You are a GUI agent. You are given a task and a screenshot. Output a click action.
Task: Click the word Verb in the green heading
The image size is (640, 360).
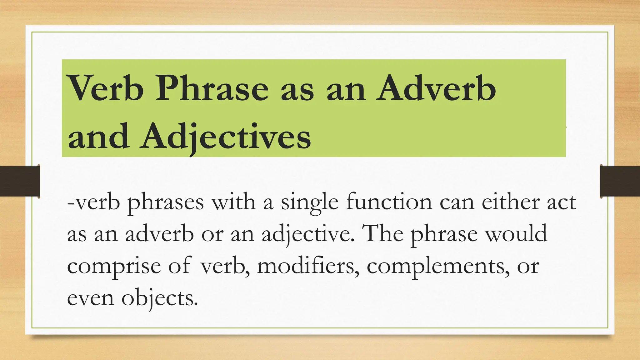(x=106, y=88)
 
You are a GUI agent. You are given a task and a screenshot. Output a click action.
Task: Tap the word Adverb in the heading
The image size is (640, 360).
(x=436, y=88)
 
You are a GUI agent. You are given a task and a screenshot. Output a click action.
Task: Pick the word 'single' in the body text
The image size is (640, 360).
(x=309, y=202)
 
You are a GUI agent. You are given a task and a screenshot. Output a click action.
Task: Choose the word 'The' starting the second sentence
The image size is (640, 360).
(x=383, y=233)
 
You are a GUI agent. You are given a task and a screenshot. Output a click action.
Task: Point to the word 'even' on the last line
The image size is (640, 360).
(x=91, y=298)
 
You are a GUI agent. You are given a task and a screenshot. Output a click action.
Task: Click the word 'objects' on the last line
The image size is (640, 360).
(x=160, y=298)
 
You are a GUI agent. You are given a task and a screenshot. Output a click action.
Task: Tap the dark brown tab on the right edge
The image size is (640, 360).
(x=620, y=182)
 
